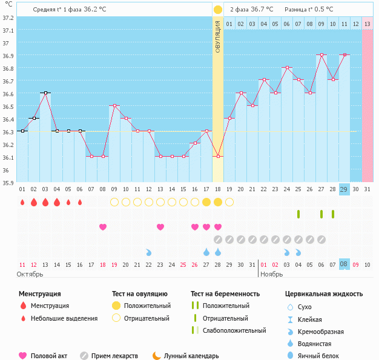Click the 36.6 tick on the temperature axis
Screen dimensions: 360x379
coord(7,94)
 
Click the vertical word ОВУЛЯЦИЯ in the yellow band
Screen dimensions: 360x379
coord(217,36)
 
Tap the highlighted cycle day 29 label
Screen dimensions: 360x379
coord(344,189)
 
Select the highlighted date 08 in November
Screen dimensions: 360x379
coord(344,264)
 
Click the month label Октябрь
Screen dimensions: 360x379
coord(30,274)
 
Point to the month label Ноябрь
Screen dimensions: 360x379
coord(271,274)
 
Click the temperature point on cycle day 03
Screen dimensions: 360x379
coord(45,93)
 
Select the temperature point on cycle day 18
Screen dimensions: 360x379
coord(217,156)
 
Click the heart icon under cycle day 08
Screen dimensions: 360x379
coord(103,227)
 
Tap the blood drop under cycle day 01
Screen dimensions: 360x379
coord(22,202)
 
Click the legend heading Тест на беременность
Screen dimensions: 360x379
coord(225,294)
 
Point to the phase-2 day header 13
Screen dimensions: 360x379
coord(367,24)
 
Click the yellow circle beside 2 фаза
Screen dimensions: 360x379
coord(217,10)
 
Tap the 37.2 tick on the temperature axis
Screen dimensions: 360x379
coord(7,18)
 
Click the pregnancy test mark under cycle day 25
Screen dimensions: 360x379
coord(298,214)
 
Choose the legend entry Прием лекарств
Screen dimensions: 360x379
coord(114,356)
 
